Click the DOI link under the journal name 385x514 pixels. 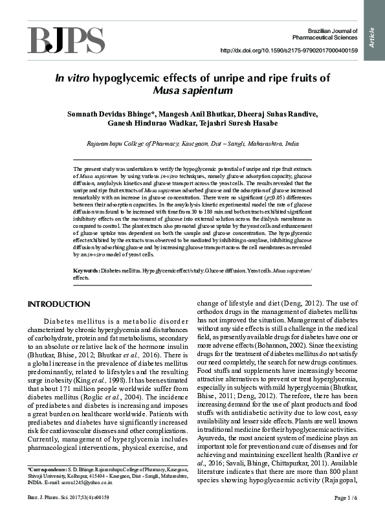click(x=289, y=50)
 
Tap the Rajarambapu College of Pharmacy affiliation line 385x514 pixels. click(x=192, y=144)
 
